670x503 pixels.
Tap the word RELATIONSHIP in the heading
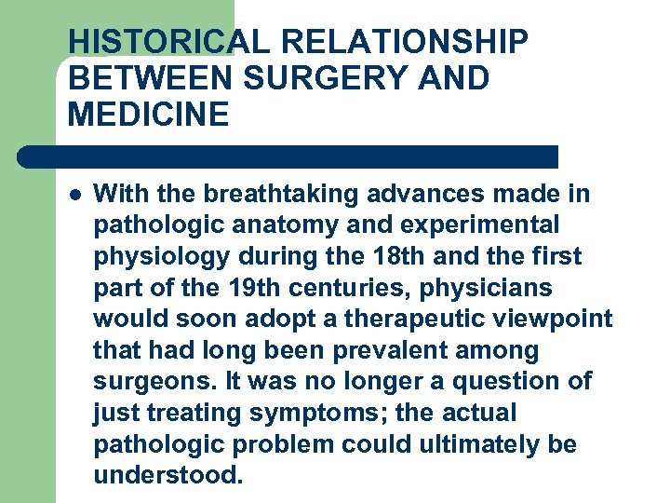[x=404, y=42]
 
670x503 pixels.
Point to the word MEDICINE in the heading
[x=148, y=115]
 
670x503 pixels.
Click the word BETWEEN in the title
[x=150, y=78]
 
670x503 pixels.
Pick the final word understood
[x=168, y=476]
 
